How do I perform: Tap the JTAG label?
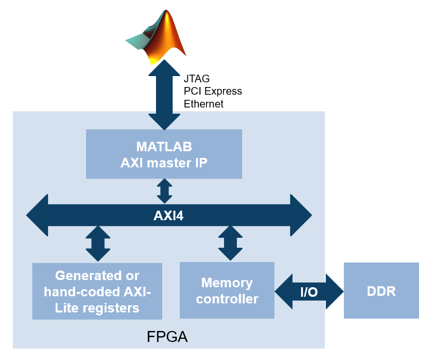(196, 78)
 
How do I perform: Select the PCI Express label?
(213, 91)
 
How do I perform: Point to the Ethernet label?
(204, 103)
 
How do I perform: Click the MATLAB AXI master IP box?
(164, 154)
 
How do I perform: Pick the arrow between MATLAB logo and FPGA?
(165, 95)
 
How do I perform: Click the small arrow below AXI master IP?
(165, 191)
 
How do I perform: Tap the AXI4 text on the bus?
(168, 216)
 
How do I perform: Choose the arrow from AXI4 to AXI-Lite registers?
(98, 243)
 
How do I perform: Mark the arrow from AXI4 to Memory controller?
(230, 243)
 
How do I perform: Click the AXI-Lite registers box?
(97, 291)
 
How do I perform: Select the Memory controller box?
(227, 291)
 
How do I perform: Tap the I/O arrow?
(309, 292)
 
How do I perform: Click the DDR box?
(381, 291)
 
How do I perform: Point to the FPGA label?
(167, 337)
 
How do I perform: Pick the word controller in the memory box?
(227, 299)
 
